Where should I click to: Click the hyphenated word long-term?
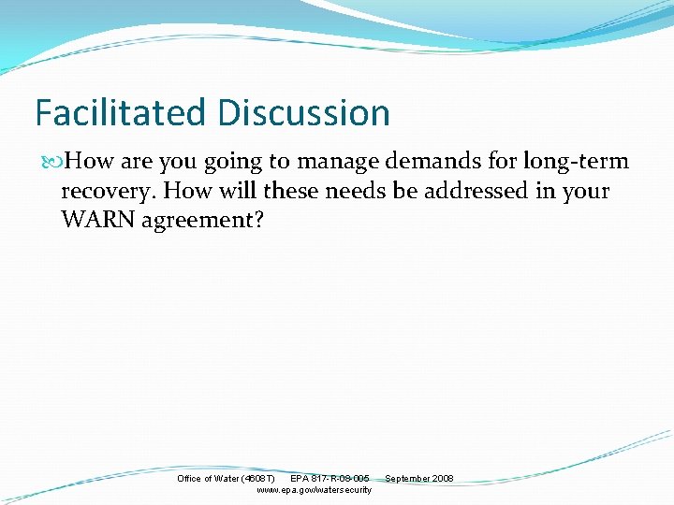point(576,162)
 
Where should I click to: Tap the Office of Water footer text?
point(207,479)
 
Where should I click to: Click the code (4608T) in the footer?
point(257,479)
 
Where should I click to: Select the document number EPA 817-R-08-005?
point(330,479)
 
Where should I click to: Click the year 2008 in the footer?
point(443,479)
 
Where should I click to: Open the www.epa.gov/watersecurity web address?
point(314,490)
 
